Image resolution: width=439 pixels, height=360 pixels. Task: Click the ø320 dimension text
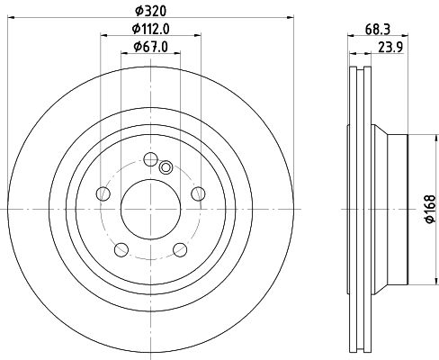151,10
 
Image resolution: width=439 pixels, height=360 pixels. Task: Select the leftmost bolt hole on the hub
103,193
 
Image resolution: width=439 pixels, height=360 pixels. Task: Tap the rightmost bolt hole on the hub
199,193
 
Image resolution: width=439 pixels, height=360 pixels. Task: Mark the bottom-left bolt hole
121,248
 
